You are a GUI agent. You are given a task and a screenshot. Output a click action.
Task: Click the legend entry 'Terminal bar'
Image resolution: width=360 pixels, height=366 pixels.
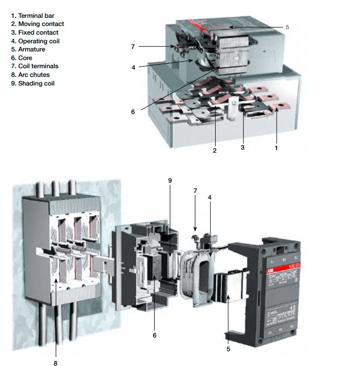pyautogui.click(x=36, y=16)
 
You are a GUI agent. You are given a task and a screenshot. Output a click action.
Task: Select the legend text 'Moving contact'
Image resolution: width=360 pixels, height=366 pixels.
pyautogui.click(x=41, y=24)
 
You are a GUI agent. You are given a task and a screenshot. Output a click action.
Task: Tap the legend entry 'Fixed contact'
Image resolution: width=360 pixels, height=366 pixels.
pyautogui.click(x=39, y=33)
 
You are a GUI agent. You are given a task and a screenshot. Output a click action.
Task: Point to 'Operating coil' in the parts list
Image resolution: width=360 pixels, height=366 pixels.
pyautogui.click(x=39, y=41)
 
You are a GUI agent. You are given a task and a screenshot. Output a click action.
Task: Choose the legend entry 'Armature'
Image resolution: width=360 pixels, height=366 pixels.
pyautogui.click(x=32, y=49)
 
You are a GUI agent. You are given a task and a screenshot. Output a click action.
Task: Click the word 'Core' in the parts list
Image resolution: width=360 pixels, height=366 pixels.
pyautogui.click(x=25, y=58)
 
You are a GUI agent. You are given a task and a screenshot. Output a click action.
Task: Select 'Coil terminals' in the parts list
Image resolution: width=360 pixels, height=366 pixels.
pyautogui.click(x=38, y=66)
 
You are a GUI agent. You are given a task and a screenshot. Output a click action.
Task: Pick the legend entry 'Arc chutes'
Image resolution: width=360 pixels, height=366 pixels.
pyautogui.click(x=34, y=75)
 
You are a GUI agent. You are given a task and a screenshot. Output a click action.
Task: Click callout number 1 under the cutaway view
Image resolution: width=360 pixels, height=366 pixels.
pyautogui.click(x=276, y=148)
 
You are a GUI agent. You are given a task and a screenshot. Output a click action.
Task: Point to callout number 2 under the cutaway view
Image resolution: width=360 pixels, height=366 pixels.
pyautogui.click(x=215, y=151)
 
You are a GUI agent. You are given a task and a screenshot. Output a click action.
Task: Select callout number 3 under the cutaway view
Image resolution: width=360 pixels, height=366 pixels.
pyautogui.click(x=243, y=147)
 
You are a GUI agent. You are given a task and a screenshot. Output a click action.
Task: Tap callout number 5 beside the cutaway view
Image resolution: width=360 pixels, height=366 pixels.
pyautogui.click(x=287, y=26)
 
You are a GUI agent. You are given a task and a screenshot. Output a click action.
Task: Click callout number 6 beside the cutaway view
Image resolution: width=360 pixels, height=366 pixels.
pyautogui.click(x=133, y=111)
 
